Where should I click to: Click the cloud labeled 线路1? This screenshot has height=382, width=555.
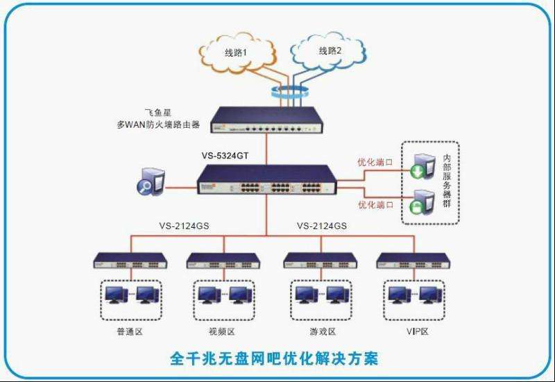pyautogui.click(x=236, y=53)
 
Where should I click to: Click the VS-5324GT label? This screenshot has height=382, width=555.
pyautogui.click(x=227, y=156)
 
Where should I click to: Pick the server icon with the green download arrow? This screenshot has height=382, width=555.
pyautogui.click(x=423, y=167)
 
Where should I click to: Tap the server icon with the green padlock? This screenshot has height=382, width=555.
pyautogui.click(x=423, y=201)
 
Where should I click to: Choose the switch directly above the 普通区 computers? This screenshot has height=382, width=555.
pyautogui.click(x=130, y=261)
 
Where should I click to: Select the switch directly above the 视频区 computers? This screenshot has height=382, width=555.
pyautogui.click(x=223, y=261)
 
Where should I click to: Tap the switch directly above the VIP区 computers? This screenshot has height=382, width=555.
pyautogui.click(x=413, y=261)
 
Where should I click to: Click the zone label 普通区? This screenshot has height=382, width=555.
pyautogui.click(x=130, y=331)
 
